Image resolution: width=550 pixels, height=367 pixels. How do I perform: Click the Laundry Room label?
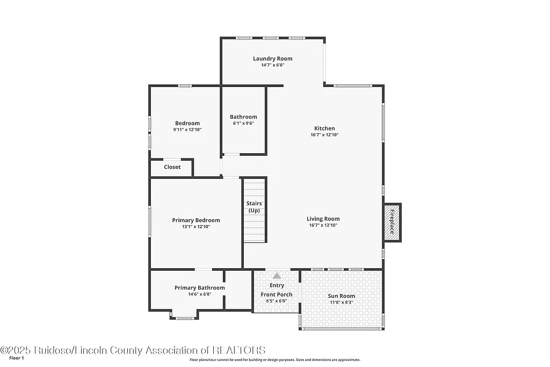[x=273, y=59]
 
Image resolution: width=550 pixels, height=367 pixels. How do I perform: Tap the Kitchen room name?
[x=324, y=128]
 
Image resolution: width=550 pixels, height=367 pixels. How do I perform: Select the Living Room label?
[x=323, y=219]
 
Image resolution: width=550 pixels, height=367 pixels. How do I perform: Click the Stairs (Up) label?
[x=254, y=207]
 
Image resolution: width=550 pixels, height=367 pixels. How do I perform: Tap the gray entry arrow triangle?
[x=277, y=275]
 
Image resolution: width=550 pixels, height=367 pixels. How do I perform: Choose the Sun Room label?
[x=342, y=296]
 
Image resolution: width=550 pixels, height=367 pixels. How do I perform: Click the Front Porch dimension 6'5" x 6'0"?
[x=277, y=301]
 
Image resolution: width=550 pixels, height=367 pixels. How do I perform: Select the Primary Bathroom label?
[x=200, y=288]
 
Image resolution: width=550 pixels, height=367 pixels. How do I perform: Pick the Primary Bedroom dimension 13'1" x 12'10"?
[x=196, y=227]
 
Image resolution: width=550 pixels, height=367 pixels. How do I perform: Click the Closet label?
[x=172, y=167]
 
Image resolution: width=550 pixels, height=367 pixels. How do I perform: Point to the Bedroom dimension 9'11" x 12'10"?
[x=187, y=129]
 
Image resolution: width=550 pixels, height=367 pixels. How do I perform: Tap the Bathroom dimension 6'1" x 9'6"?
[x=243, y=123]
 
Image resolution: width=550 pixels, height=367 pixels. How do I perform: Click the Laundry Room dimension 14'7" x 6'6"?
[x=273, y=65]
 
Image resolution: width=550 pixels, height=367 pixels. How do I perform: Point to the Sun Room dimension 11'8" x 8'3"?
[x=342, y=303]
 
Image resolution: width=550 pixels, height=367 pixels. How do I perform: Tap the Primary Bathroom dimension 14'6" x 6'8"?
[x=200, y=294]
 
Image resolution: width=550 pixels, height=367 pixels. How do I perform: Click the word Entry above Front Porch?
[x=277, y=285]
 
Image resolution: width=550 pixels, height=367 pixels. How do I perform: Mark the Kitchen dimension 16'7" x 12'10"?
[x=324, y=135]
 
